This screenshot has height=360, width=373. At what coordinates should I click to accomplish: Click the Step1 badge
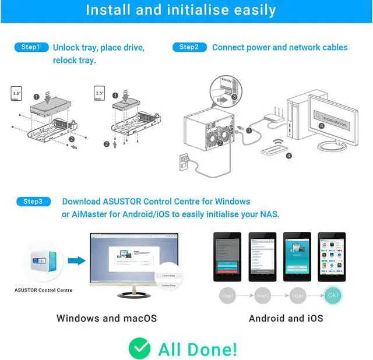[31, 47]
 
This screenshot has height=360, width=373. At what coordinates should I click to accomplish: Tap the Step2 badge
[189, 47]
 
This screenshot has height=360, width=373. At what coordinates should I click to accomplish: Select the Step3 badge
[33, 202]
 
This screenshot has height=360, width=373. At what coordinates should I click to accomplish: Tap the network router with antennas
[273, 118]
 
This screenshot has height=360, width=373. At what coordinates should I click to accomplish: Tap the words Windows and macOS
[107, 318]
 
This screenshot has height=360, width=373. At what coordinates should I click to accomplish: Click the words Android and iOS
[286, 318]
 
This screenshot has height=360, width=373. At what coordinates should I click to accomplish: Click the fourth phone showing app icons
[330, 257]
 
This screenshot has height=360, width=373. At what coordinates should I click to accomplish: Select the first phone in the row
[227, 257]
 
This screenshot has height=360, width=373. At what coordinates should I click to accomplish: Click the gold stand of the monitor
[133, 291]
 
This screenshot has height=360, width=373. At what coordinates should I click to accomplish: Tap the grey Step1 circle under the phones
[228, 296]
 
